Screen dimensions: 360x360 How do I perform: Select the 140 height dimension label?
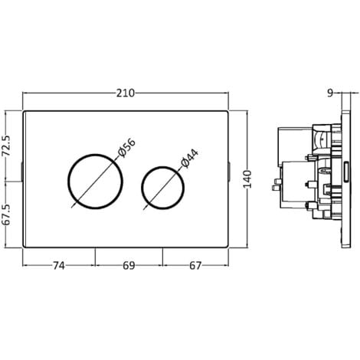[247, 179]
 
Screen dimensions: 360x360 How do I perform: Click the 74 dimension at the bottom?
[59, 266]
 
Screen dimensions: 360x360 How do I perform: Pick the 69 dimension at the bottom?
[129, 266]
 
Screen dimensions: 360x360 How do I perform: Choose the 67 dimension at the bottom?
[196, 266]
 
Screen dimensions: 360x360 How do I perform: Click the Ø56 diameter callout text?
[126, 149]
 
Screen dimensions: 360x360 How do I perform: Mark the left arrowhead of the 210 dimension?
[26, 93]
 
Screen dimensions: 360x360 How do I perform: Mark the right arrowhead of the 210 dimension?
[227, 93]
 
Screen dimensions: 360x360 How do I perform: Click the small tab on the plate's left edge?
[23, 170]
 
